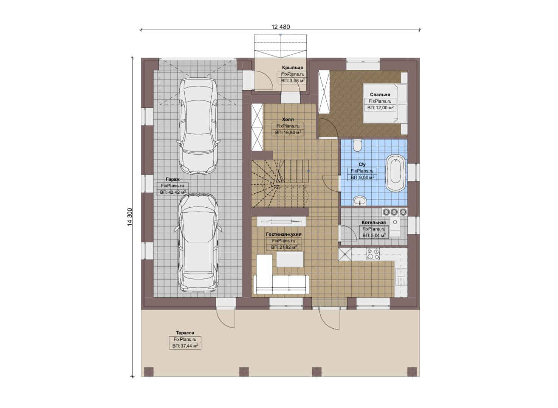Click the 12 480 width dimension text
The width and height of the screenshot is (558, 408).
pos(281,27)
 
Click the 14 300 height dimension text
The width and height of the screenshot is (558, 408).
pos(130,217)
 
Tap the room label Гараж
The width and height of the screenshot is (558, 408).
pos(172,179)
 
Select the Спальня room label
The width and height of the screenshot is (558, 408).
pos(380,94)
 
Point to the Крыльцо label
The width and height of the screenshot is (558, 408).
pos(293,68)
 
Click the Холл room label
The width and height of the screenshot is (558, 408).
pos(288,119)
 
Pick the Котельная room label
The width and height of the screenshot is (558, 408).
pos(374,222)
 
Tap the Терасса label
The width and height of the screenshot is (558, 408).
pos(185,333)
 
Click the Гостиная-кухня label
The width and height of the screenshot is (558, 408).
pos(284,234)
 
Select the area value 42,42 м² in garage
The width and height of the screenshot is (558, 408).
pos(173,192)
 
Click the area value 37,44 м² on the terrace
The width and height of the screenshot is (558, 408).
pos(185,346)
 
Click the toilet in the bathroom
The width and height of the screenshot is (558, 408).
pos(357,145)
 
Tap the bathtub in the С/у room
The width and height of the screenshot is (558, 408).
pos(395,173)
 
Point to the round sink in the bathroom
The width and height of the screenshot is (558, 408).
pos(360,200)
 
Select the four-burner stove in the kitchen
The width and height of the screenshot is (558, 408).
pos(373,254)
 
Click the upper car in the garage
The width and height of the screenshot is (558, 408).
pos(198,126)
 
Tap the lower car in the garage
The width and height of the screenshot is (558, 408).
pos(198,242)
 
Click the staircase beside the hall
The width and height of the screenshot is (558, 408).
pos(280,184)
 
